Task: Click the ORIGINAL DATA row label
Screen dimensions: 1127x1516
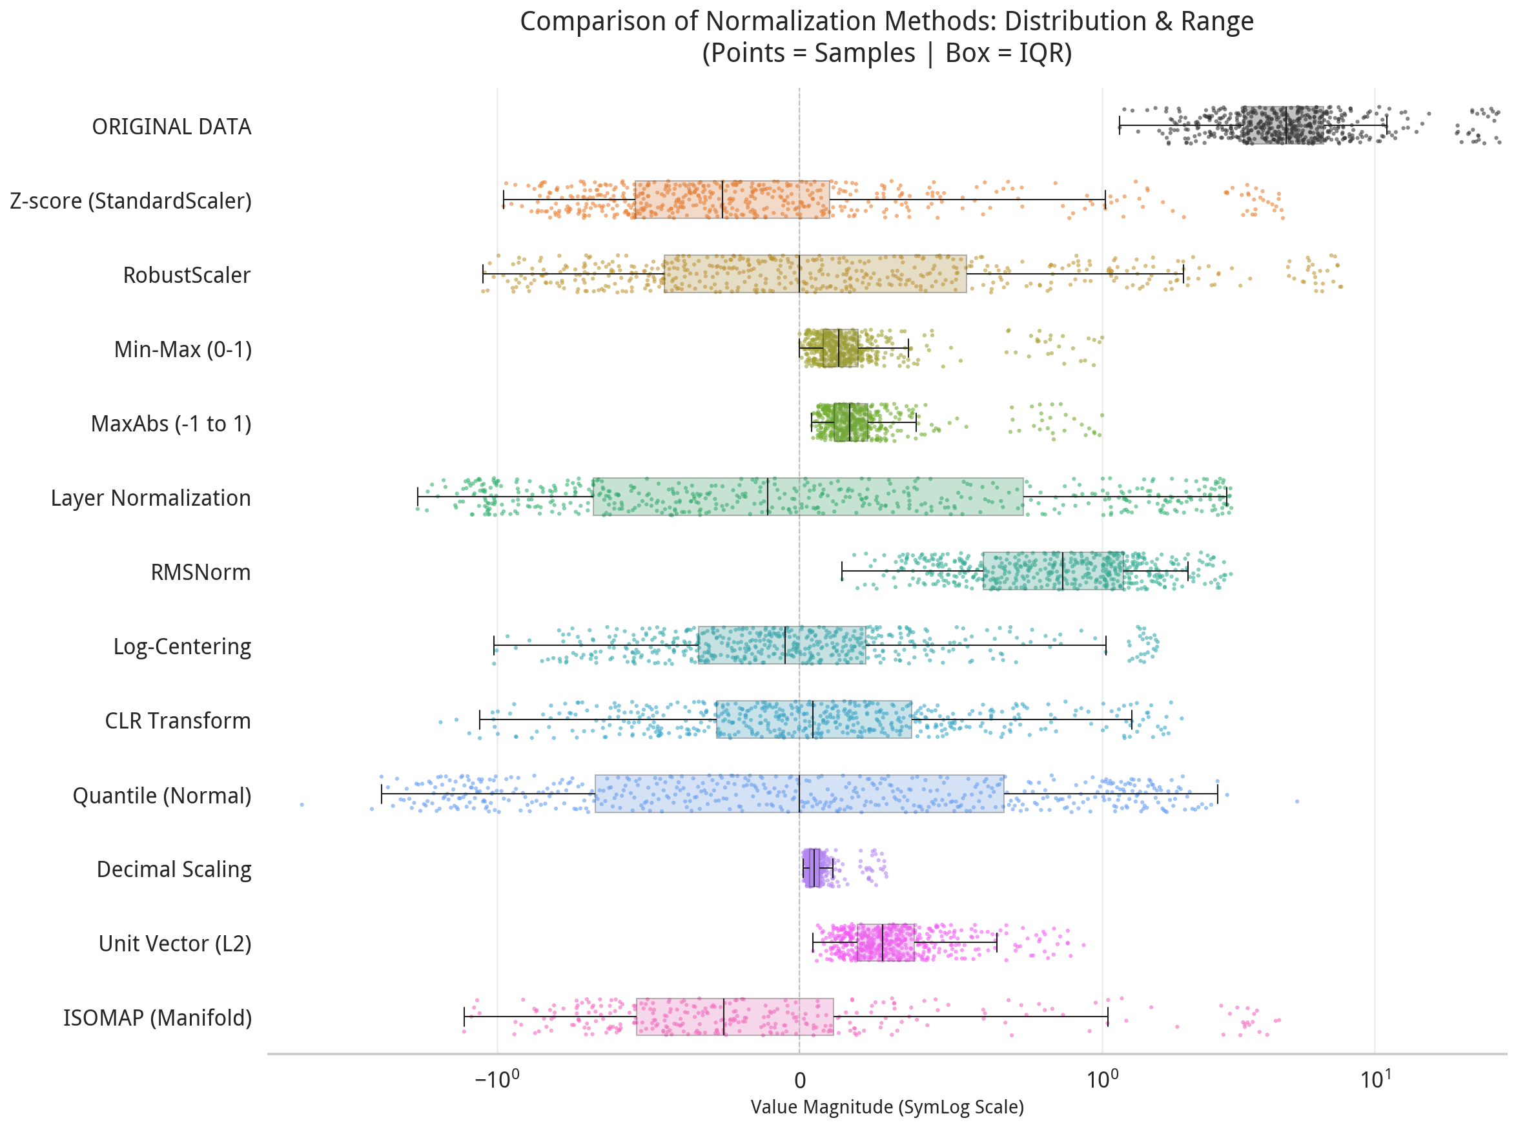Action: (171, 127)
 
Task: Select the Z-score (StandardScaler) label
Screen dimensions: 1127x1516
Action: (130, 202)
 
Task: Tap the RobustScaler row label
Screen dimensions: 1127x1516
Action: (186, 276)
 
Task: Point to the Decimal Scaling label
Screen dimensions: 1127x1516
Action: (174, 870)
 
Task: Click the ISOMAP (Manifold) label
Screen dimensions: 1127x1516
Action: (158, 1018)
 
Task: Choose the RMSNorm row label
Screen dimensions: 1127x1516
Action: (201, 572)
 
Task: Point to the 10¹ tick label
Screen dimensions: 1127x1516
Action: (1375, 1080)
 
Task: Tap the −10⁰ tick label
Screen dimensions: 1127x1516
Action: (497, 1080)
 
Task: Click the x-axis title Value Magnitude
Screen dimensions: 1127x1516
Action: (886, 1108)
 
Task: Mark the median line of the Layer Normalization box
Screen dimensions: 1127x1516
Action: (768, 497)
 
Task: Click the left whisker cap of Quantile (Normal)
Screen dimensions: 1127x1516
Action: (381, 795)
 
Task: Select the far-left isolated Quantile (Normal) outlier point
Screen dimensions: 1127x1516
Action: (302, 805)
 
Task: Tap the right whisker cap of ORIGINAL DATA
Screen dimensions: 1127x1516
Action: (1386, 125)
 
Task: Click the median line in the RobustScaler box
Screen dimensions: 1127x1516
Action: (799, 274)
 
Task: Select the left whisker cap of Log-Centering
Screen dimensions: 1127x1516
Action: (494, 645)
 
